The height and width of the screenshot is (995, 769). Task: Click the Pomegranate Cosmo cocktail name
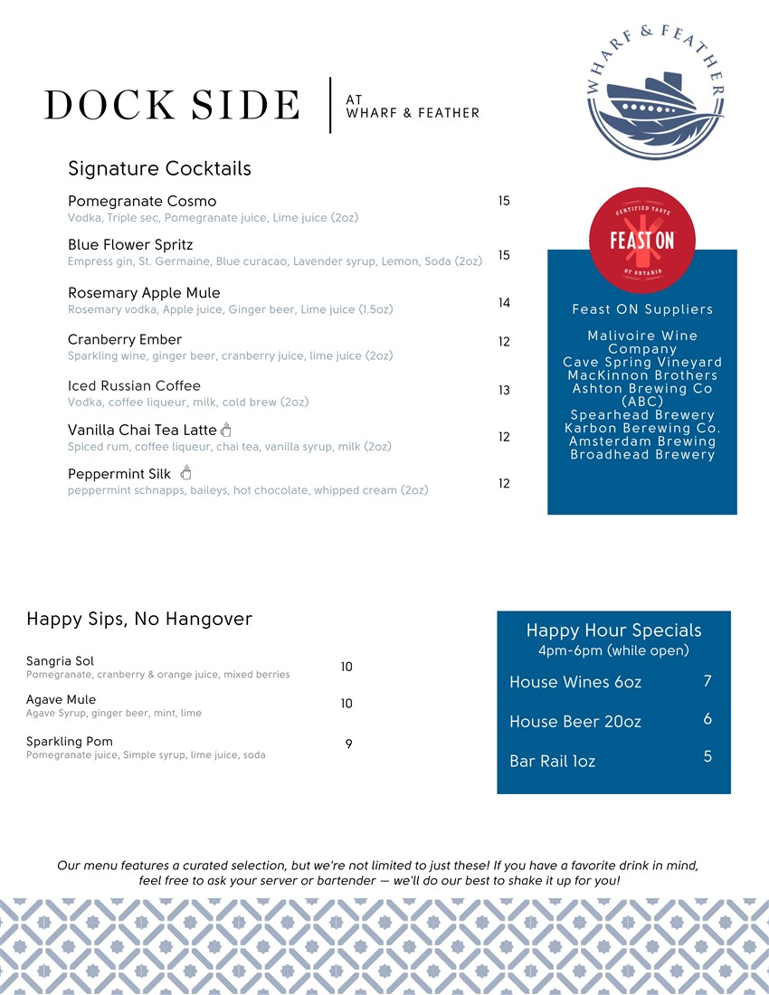coord(142,201)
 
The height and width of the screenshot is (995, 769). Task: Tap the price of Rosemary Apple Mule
coord(504,303)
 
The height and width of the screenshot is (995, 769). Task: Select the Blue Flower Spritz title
coord(130,245)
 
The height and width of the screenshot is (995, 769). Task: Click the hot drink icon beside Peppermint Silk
coord(186,472)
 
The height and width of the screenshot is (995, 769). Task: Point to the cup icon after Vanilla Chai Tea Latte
coord(226,429)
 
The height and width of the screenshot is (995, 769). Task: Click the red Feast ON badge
coord(642,236)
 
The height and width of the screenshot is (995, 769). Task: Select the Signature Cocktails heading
coord(159,169)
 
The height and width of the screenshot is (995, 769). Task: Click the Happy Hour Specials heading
coord(613,630)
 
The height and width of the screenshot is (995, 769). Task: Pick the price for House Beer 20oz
coord(707,719)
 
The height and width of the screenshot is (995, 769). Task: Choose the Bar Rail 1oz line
coord(552,762)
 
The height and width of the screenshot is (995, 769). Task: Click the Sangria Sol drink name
coord(60,661)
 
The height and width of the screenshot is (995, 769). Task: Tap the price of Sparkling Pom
coord(348,744)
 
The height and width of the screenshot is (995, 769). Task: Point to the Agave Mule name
coord(61,700)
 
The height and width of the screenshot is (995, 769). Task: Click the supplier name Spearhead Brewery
coord(642,415)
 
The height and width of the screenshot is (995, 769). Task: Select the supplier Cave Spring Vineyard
coord(642,362)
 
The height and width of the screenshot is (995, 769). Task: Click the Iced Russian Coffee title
coord(134,386)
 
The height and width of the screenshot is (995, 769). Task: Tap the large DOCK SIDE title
coord(172,106)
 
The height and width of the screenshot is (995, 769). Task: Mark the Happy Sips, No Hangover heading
coord(139,620)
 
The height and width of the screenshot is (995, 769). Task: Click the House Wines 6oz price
coord(707,681)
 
